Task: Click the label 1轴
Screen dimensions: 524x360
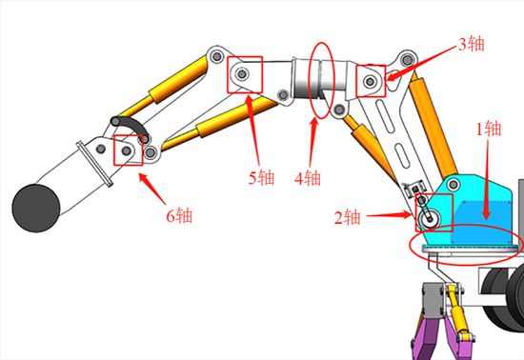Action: point(488,129)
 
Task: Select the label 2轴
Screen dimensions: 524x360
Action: point(348,218)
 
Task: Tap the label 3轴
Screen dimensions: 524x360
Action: point(472,44)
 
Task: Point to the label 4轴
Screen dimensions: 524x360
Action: point(308,178)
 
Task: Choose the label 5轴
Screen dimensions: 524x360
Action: point(261,178)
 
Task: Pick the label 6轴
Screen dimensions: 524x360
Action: point(179,216)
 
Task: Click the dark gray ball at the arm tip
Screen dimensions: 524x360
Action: point(36,208)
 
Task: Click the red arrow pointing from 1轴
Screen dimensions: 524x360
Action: point(487,180)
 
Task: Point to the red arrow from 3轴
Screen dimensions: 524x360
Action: point(421,63)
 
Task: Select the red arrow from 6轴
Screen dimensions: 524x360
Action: point(152,189)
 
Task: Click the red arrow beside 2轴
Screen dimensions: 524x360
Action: point(390,215)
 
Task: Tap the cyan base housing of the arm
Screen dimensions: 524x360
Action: point(474,213)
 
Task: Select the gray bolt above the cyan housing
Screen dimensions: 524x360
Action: point(453,184)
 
